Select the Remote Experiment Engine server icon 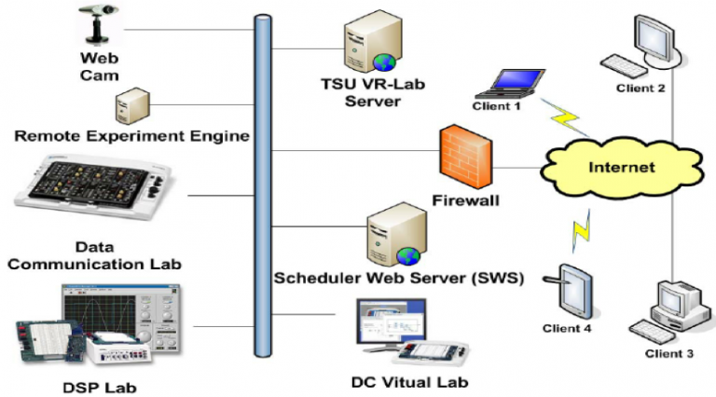127,106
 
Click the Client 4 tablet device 570,292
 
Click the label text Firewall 465,199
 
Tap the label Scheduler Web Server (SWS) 399,279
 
